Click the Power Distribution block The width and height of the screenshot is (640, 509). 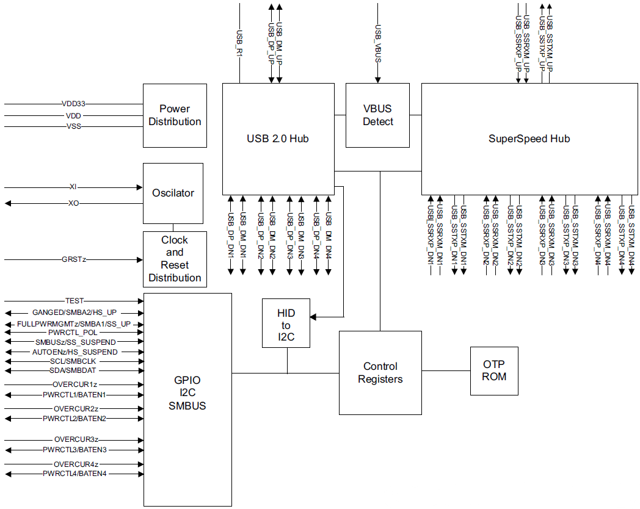coord(174,115)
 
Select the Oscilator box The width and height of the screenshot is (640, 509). coord(173,193)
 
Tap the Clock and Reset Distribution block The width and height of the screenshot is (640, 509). coord(174,259)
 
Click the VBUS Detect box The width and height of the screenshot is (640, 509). coord(377,115)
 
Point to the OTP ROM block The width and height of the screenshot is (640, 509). coord(494,370)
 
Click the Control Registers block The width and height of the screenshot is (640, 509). coord(380,373)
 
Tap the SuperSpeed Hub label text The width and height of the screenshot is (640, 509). coord(529,139)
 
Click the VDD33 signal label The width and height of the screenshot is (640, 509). coord(73,104)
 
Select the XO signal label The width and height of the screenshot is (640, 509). coord(74,203)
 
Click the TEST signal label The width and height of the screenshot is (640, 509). coord(74,301)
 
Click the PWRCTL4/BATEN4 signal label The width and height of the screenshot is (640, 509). coord(75,474)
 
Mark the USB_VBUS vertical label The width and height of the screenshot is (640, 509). coord(377,43)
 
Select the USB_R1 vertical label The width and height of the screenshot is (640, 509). coord(239,43)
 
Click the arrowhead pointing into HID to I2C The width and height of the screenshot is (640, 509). coord(315,316)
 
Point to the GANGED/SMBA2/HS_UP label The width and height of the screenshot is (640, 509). coord(75,312)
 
